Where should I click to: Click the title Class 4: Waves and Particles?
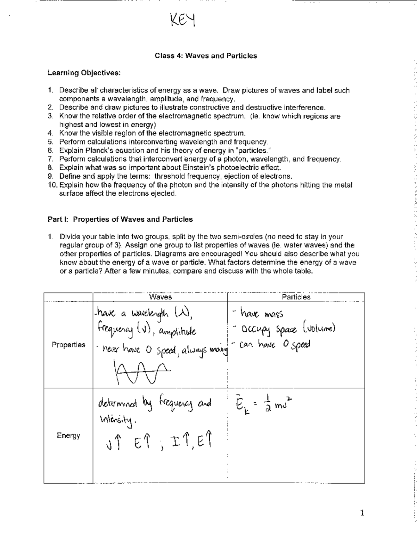[x=206, y=56]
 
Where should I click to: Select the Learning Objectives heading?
[x=84, y=73]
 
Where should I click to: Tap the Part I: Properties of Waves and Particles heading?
[x=120, y=219]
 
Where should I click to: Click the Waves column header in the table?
[x=160, y=297]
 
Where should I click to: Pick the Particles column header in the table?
[x=296, y=297]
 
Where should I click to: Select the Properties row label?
[x=68, y=345]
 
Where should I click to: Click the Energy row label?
[x=68, y=435]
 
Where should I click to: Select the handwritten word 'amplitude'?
[x=177, y=332]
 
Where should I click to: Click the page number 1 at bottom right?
[x=362, y=513]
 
